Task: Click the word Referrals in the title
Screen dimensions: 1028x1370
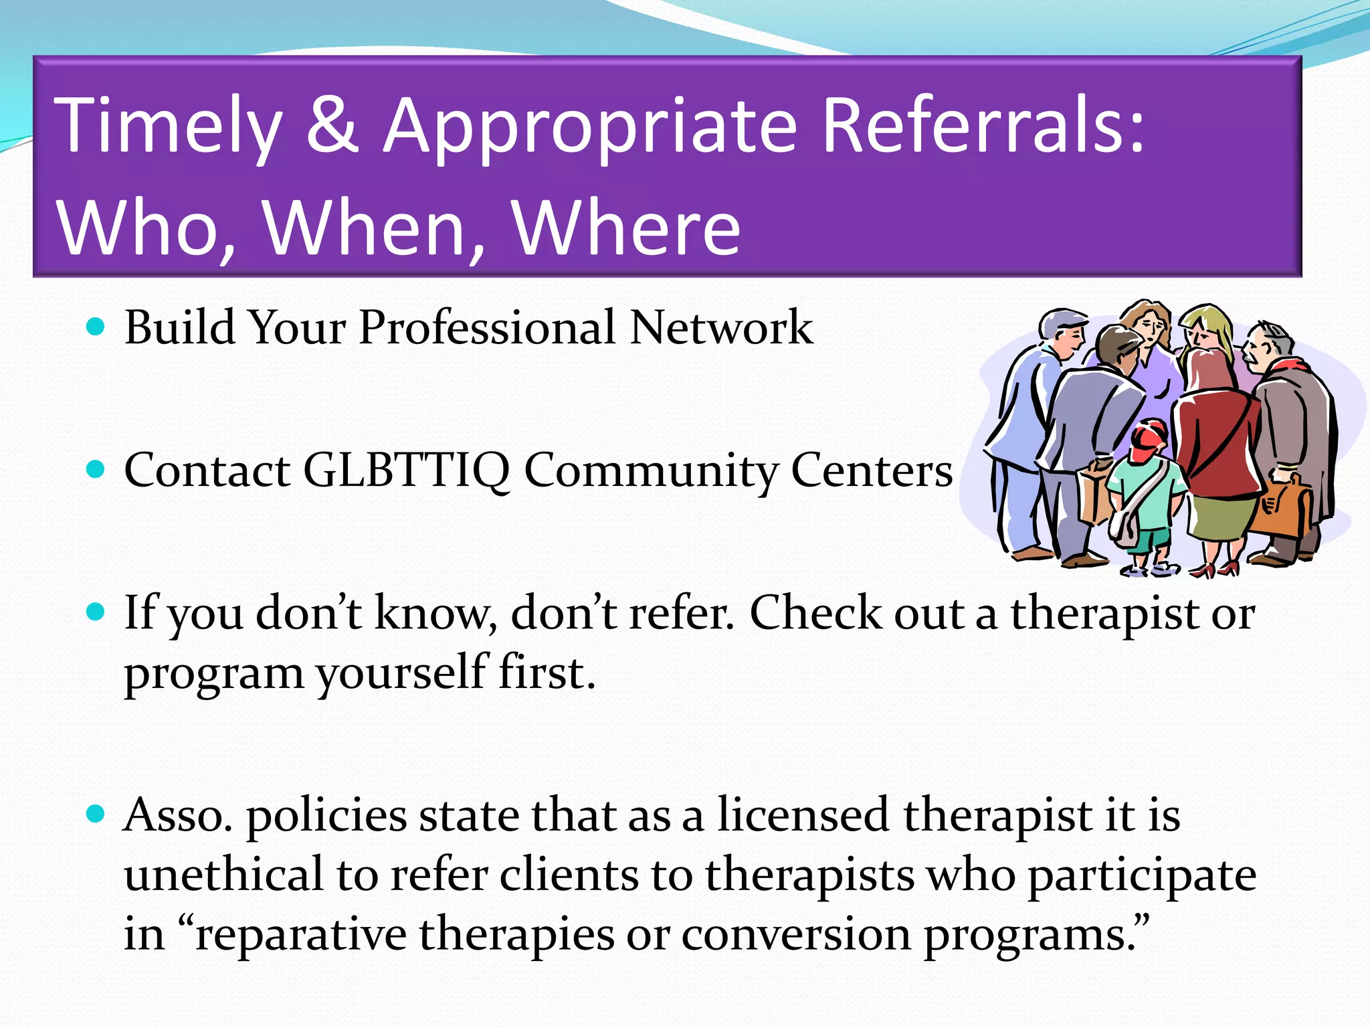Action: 983,126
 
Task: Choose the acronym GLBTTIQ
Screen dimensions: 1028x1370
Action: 406,470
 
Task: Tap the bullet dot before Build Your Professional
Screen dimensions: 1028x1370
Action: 96,327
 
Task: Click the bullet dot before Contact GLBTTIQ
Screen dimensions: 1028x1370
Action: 96,470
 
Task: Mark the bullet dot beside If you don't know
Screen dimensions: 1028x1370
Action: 96,612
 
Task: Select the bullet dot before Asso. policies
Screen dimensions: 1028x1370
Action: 96,815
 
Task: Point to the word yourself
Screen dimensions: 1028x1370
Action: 401,673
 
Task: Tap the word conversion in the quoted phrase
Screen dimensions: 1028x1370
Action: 795,934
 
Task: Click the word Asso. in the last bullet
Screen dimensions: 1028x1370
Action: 178,816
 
